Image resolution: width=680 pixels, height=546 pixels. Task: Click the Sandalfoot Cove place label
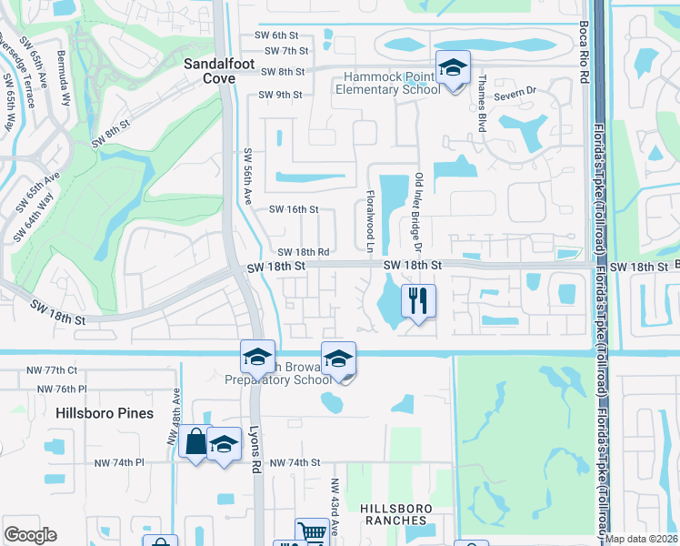coord(209,71)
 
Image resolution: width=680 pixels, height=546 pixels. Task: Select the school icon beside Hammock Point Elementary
coord(452,68)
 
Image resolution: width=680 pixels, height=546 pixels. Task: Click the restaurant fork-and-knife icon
coord(418,300)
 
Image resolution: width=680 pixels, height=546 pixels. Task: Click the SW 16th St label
coord(294,209)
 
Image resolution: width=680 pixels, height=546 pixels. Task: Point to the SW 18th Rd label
coord(303,252)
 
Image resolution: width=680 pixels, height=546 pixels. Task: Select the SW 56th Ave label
coord(246,177)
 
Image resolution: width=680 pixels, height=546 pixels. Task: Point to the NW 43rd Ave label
coord(335,506)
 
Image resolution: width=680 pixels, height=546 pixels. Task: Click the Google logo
coord(30,535)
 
